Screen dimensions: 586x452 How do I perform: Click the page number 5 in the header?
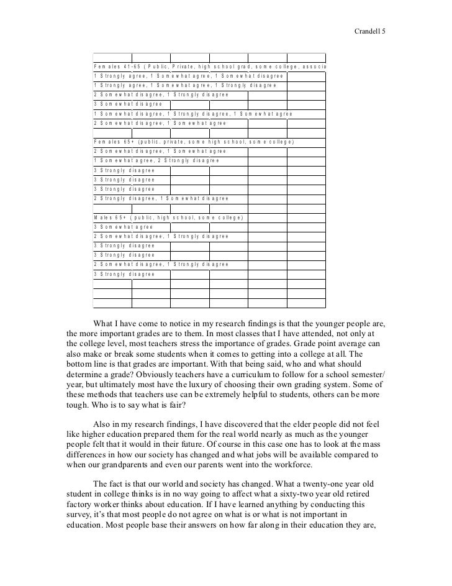(384, 30)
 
